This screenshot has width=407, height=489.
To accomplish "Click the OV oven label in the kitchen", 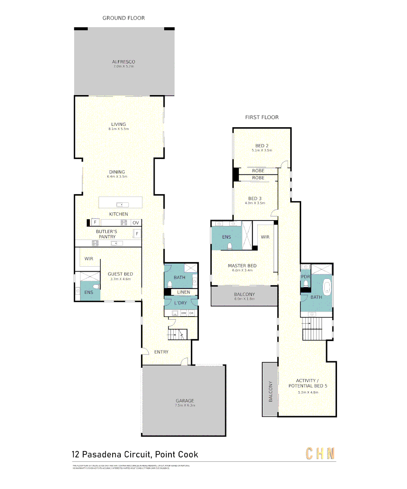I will (136, 223).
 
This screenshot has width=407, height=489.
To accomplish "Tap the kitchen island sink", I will (120, 205).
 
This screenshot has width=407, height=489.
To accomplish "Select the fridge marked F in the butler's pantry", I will (136, 234).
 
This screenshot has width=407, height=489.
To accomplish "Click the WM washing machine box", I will (184, 313).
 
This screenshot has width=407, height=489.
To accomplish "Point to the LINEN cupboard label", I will (184, 292).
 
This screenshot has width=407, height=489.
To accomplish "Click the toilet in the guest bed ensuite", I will (95, 287).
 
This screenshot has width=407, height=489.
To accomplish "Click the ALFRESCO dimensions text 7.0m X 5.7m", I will (124, 67).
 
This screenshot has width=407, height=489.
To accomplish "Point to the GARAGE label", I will (185, 401).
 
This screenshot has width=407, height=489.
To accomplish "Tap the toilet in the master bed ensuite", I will (230, 246).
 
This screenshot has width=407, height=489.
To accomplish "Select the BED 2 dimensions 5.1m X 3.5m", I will (262, 150).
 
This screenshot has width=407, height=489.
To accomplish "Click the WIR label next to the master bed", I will (265, 237).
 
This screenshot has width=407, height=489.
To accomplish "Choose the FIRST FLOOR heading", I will (262, 117).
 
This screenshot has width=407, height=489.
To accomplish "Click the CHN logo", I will (321, 453).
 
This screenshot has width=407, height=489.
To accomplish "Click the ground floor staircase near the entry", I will (176, 335).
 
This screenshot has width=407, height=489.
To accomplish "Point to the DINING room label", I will (117, 172).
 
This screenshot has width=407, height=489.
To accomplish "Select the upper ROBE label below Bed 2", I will (258, 171).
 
